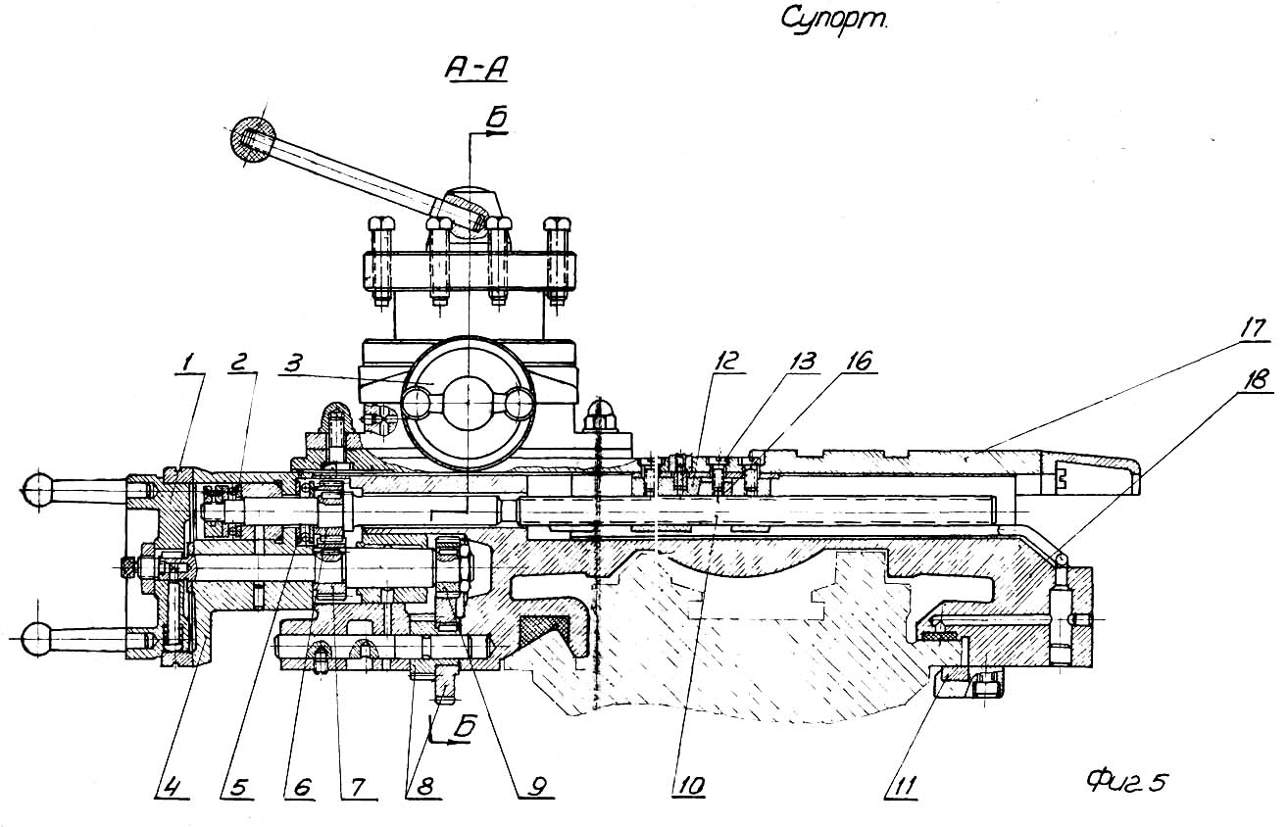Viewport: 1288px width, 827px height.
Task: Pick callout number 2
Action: pos(240,361)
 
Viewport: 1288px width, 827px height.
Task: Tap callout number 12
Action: pos(726,361)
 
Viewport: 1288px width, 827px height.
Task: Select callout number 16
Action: pos(860,361)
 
